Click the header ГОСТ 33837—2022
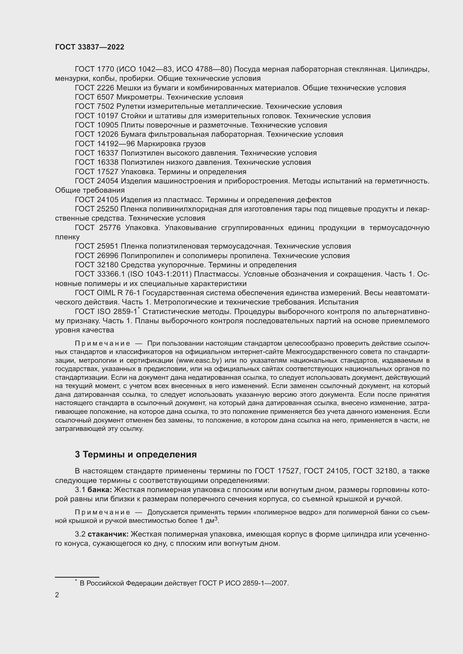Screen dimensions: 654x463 [90, 47]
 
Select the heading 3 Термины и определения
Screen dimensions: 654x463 [136, 454]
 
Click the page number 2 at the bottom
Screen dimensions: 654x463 [57, 595]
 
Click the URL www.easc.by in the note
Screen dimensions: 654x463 [199, 360]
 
